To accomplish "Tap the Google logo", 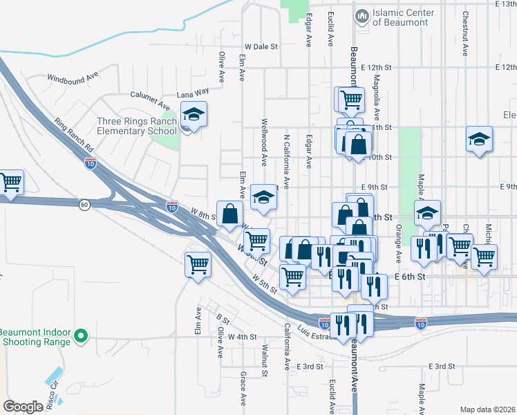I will point(23,407).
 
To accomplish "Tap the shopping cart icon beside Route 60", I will point(12,183).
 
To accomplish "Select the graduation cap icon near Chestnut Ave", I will point(479,139).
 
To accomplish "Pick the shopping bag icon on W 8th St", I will point(230,214).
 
